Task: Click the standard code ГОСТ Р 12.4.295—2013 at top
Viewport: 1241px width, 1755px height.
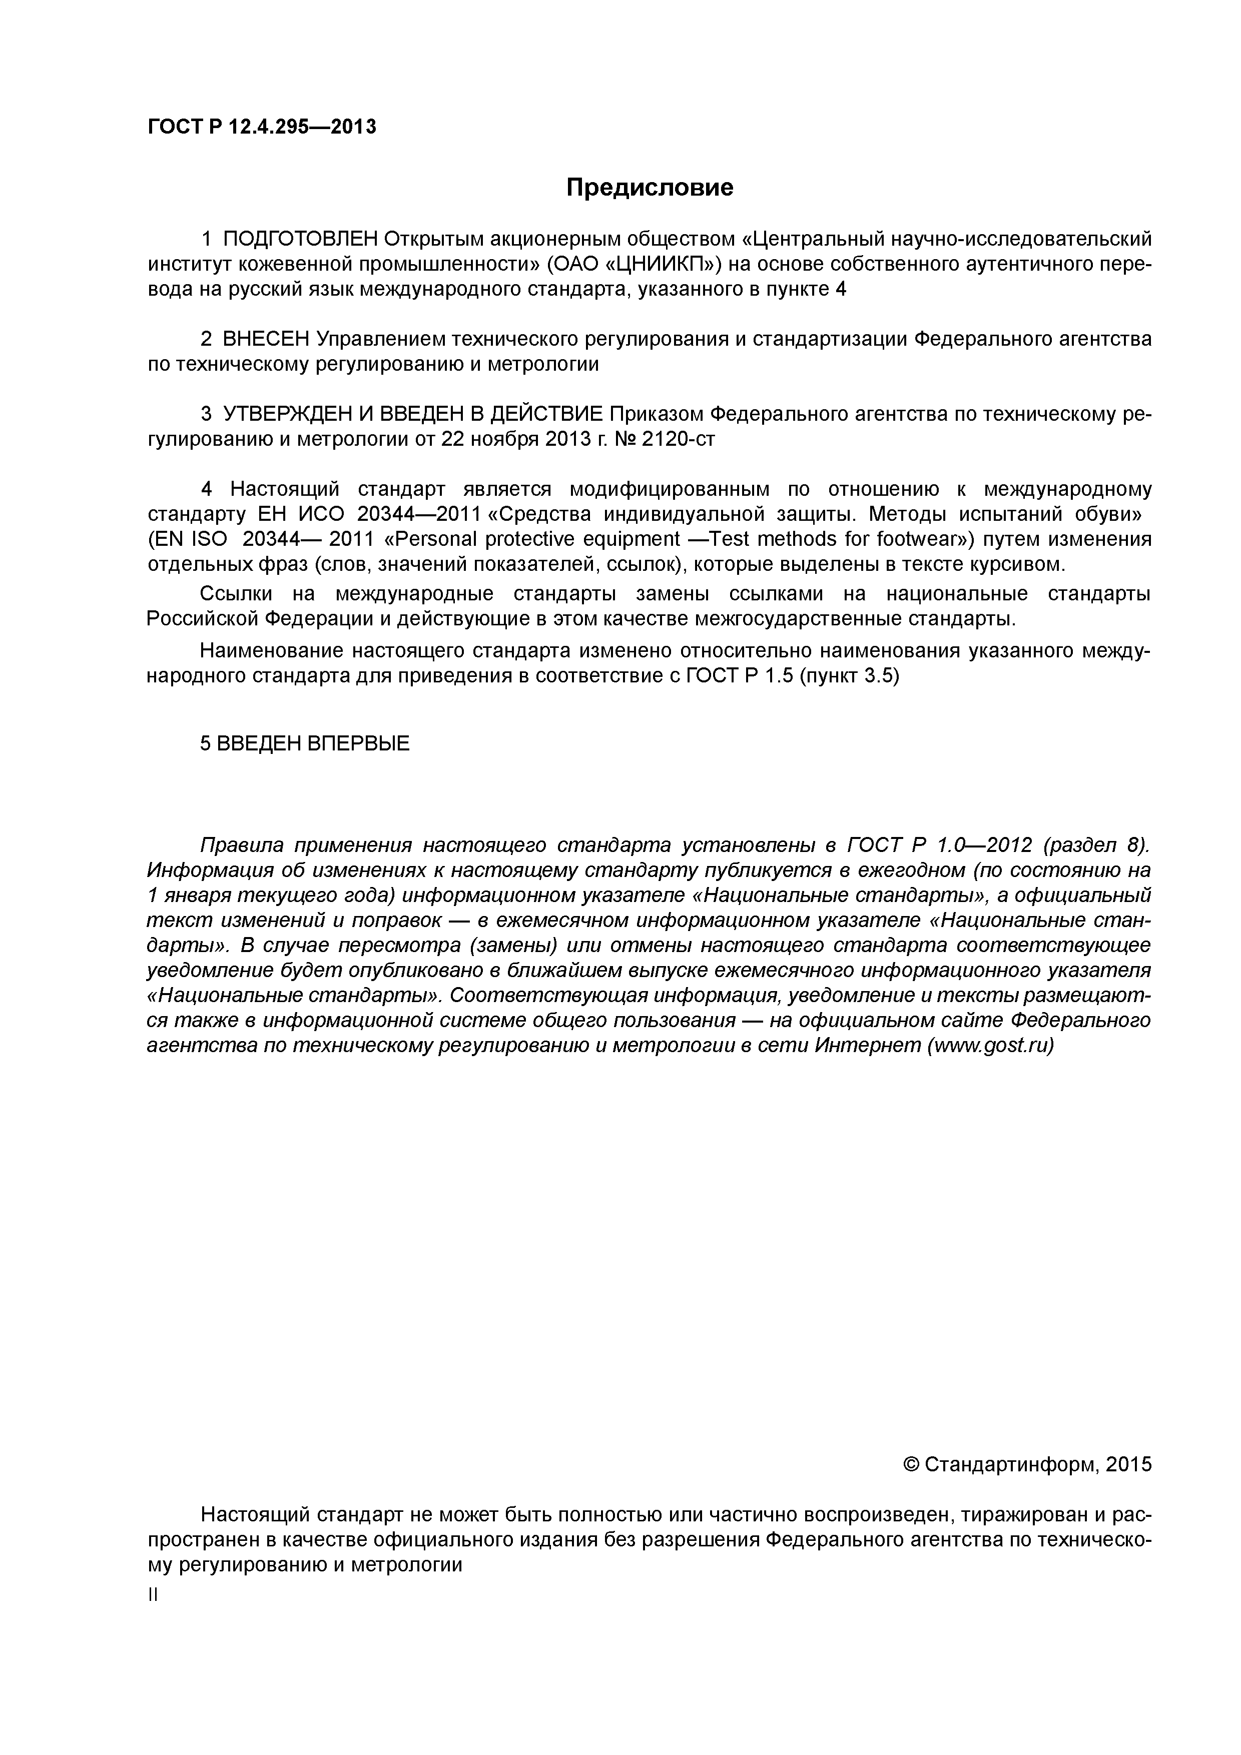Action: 262,127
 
